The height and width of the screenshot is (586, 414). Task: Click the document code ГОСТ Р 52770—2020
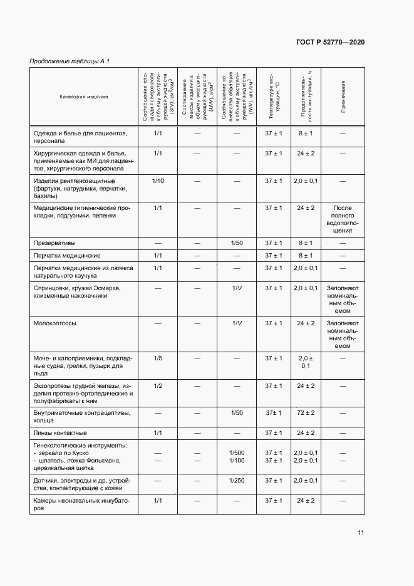(329, 42)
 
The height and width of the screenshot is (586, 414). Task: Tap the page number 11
(361, 533)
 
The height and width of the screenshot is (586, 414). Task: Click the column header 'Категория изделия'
(84, 97)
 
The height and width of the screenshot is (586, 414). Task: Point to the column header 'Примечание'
(343, 97)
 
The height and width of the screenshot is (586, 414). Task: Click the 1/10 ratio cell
(158, 181)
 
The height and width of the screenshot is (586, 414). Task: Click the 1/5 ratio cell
(158, 358)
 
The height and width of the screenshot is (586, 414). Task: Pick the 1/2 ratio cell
(158, 385)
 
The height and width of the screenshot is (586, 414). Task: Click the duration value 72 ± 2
(306, 413)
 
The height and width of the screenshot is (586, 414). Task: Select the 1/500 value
(237, 453)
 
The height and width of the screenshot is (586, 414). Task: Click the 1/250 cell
(237, 481)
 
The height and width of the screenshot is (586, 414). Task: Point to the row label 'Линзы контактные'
(60, 433)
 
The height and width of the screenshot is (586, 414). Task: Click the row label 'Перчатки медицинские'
(67, 256)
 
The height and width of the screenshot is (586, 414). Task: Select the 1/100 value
(237, 461)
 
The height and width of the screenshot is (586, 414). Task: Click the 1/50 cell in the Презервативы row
(237, 243)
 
